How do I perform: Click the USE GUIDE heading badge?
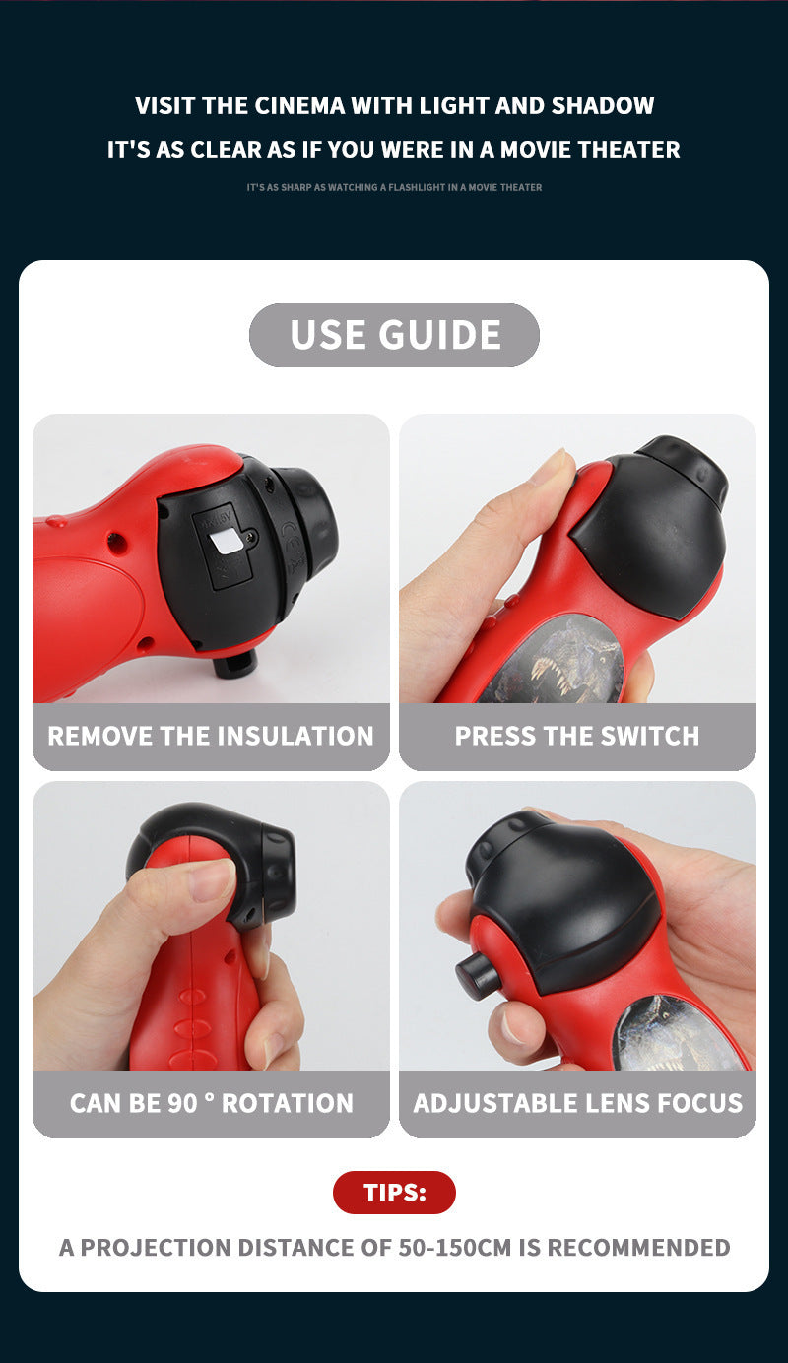pos(394,335)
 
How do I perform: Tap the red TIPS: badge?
pos(394,1192)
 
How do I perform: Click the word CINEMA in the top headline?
pos(300,105)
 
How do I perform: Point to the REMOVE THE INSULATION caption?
pos(211,736)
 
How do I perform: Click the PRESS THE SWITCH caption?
pos(577,736)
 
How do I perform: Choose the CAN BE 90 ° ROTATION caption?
pos(211,1103)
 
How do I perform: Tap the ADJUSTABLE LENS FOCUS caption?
pos(577,1103)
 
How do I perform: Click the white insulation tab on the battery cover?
pos(226,539)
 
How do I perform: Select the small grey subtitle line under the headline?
pos(394,187)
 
